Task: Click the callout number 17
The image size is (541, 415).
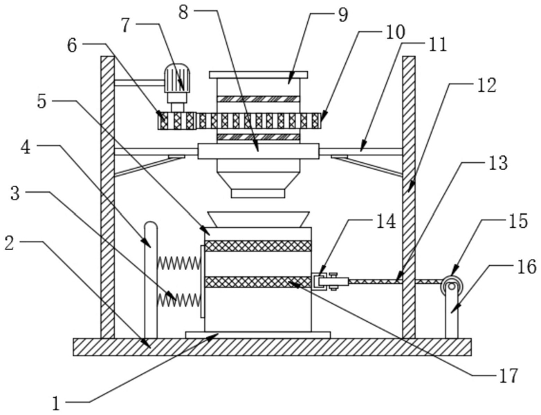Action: click(x=508, y=376)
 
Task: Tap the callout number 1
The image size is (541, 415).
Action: click(x=56, y=403)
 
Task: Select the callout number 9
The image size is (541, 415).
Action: click(x=342, y=15)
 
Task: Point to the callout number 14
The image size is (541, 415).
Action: click(x=386, y=222)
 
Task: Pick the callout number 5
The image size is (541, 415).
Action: click(x=42, y=102)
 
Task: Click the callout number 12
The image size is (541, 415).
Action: click(x=487, y=86)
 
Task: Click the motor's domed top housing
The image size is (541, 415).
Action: click(x=177, y=78)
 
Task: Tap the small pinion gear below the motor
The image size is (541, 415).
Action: click(x=177, y=121)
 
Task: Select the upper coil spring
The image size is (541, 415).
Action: click(x=178, y=264)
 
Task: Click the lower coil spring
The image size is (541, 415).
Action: click(x=178, y=300)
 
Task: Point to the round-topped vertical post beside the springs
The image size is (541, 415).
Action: click(x=151, y=280)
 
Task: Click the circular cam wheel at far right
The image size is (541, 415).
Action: click(x=451, y=285)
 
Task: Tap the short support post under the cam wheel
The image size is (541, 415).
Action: click(x=451, y=313)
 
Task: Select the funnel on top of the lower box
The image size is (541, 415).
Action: click(x=258, y=220)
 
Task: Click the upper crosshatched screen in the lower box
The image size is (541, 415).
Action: click(x=258, y=246)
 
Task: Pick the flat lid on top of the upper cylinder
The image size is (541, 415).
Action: click(x=259, y=75)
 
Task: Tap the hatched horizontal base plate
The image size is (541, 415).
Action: click(x=272, y=347)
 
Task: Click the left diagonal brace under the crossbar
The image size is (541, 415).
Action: click(x=149, y=167)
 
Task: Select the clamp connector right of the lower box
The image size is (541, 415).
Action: click(x=330, y=281)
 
